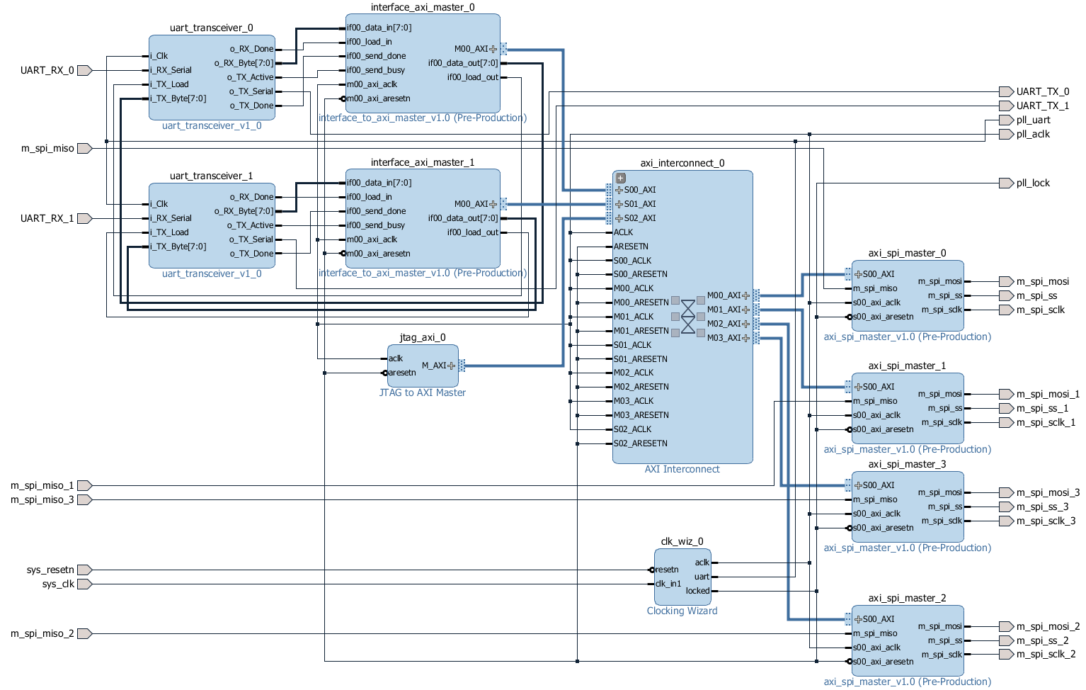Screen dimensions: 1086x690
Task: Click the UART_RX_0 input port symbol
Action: tap(84, 70)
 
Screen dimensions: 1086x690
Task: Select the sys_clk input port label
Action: tap(58, 584)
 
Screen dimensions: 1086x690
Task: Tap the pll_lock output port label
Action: tap(1033, 183)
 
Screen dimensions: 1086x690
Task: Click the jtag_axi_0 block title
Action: tap(422, 337)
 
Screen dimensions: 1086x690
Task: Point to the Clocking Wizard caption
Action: tap(682, 611)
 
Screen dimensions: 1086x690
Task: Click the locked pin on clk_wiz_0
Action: tap(697, 591)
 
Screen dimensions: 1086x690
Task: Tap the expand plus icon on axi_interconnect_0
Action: tap(621, 178)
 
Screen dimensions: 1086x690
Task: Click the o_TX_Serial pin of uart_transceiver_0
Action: tap(251, 91)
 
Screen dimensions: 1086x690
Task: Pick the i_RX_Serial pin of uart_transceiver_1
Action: tap(171, 218)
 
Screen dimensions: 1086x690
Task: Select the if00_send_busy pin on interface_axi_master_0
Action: tap(376, 70)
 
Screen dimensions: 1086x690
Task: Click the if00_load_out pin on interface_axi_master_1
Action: tap(473, 232)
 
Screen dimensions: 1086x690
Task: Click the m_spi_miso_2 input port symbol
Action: tap(84, 634)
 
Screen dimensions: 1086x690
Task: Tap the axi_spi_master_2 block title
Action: tap(907, 598)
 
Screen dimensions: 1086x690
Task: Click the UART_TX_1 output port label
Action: tap(1043, 106)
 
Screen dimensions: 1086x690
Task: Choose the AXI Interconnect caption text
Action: tap(682, 469)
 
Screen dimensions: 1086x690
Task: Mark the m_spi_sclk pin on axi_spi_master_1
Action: tap(942, 422)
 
